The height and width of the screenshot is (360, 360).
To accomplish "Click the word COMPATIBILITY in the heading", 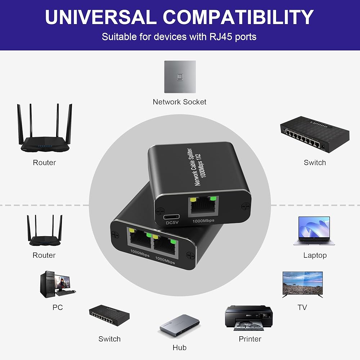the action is coord(238,17).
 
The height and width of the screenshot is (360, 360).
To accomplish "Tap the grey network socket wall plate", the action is coord(180,77).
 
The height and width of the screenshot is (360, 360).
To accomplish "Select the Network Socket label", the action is coord(180,102).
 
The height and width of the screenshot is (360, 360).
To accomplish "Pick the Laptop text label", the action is coord(315,255).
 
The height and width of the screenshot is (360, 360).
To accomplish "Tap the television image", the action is coord(303,284).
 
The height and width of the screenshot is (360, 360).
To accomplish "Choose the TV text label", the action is coord(302,307).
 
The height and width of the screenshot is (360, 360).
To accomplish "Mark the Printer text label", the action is coord(250,339).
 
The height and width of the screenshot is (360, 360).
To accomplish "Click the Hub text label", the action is coord(180,348).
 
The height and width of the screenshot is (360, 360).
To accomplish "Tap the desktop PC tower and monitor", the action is coord(57,284).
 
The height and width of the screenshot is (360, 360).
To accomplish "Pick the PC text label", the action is coord(58,307).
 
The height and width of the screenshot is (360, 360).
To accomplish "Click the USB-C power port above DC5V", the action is coord(171,217).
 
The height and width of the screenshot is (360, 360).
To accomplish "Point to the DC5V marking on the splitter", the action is coord(172,223).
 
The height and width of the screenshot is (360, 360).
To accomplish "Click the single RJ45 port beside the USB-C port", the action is coord(203,206).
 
